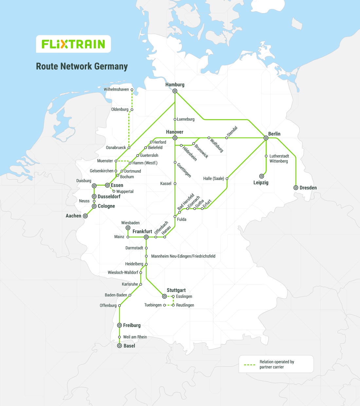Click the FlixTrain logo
[73, 44]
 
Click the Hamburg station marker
[175, 91]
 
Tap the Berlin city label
[274, 134]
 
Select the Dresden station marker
[296, 188]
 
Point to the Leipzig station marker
[261, 176]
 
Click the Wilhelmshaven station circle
[132, 90]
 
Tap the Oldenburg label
[120, 109]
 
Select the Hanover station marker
[175, 138]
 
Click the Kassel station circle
[175, 184]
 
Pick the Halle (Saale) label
[213, 178]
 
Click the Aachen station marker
[85, 216]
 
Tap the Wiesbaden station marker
[128, 228]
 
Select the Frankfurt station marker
[146, 237]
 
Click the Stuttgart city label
[176, 290]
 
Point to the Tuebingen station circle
[164, 305]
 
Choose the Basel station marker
[119, 346]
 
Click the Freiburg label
[132, 325]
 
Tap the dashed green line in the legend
[250, 364]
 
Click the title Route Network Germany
[82, 66]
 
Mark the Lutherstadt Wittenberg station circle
[266, 156]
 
